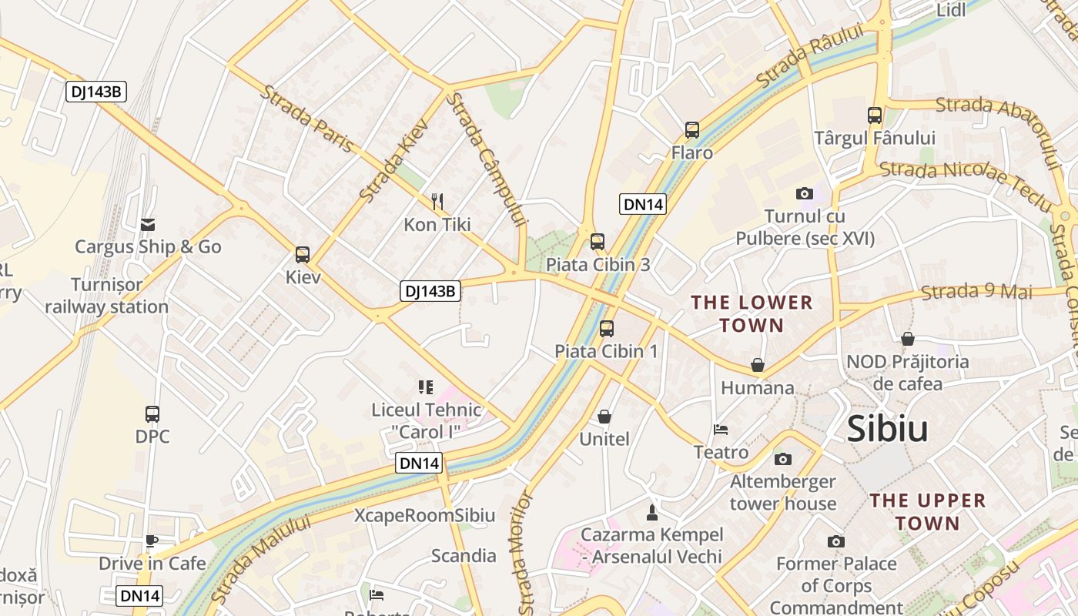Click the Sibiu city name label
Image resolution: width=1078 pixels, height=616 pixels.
pyautogui.click(x=887, y=429)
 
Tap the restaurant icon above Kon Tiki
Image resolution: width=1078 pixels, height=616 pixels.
pyautogui.click(x=437, y=202)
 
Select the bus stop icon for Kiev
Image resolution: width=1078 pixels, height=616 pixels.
pyautogui.click(x=303, y=255)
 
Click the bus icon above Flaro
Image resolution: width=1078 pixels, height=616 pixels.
pyautogui.click(x=692, y=130)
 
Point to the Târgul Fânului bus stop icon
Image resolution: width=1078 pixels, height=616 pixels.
pyautogui.click(x=875, y=115)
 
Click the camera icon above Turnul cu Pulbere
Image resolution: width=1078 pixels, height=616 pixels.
pyautogui.click(x=805, y=194)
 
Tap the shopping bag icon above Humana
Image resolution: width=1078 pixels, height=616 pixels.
pyautogui.click(x=758, y=365)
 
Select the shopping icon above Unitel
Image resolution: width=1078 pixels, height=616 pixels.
pyautogui.click(x=604, y=417)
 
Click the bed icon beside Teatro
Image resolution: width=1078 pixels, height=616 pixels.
pyautogui.click(x=721, y=430)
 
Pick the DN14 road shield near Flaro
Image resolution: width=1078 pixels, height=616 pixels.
pyautogui.click(x=642, y=204)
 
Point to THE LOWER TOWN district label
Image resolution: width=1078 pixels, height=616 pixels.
pyautogui.click(x=752, y=313)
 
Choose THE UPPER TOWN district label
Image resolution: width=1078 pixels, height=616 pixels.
pyautogui.click(x=927, y=512)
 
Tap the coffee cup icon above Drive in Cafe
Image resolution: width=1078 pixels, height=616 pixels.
pyautogui.click(x=152, y=541)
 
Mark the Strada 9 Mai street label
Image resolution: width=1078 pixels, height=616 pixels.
pyautogui.click(x=976, y=291)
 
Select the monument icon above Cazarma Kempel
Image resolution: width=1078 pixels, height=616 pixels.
pyautogui.click(x=652, y=512)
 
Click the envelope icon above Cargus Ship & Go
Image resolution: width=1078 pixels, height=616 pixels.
pyautogui.click(x=148, y=225)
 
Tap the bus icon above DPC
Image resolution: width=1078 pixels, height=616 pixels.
pyautogui.click(x=152, y=414)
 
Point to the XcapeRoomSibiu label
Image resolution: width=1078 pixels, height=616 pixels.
pyautogui.click(x=424, y=515)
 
